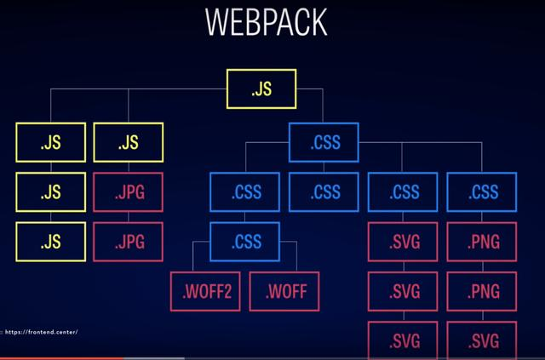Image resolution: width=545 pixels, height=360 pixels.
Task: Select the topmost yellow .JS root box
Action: (x=261, y=89)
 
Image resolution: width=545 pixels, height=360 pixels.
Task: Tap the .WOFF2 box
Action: (x=206, y=293)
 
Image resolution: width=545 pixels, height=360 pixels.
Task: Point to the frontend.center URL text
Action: (x=43, y=332)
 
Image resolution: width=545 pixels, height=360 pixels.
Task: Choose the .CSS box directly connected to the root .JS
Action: (x=324, y=142)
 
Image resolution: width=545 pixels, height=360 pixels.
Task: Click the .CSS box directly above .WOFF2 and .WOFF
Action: (x=246, y=241)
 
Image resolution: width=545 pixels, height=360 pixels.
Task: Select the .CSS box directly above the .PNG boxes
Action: (x=483, y=191)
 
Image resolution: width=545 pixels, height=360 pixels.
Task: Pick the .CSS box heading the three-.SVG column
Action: (x=404, y=191)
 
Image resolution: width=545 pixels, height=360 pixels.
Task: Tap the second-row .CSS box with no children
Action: (x=324, y=191)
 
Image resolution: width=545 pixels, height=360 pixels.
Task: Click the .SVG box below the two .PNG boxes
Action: (x=483, y=341)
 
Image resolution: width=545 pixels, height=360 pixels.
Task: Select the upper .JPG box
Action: (x=128, y=191)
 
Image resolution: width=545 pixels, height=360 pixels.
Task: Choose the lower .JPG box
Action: (x=128, y=241)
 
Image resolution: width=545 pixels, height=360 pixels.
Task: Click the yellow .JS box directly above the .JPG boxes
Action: (x=128, y=142)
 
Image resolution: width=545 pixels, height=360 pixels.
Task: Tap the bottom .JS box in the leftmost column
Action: (x=50, y=241)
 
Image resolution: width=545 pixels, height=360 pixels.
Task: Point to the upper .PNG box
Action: (x=483, y=241)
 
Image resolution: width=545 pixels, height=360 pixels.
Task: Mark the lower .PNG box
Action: (x=483, y=292)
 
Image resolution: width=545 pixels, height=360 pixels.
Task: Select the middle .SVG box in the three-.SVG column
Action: (x=404, y=292)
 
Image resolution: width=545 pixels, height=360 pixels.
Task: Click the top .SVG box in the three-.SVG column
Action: (x=404, y=241)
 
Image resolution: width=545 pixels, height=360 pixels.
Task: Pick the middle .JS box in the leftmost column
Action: (x=50, y=191)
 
